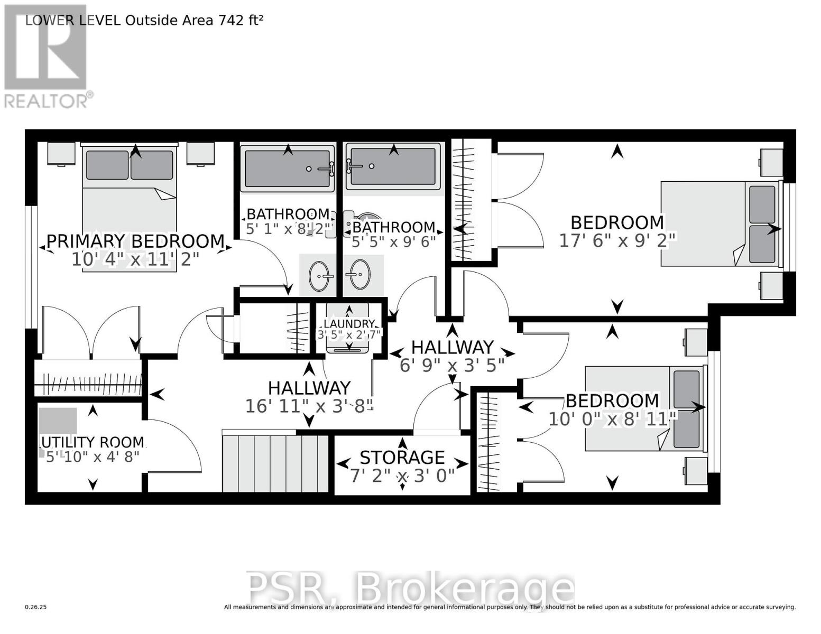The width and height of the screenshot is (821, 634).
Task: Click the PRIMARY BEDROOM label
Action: click(136, 241)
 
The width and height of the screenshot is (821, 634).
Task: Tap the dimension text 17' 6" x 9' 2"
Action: click(617, 241)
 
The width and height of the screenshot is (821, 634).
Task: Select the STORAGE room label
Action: click(402, 457)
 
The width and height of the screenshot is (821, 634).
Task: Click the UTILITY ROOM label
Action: click(93, 442)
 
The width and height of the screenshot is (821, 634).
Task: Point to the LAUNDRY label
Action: click(349, 324)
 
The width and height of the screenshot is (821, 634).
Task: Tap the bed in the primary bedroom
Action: click(130, 195)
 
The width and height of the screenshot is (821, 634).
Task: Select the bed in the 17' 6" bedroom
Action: click(719, 223)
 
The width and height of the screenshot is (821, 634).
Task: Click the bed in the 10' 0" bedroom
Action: click(645, 408)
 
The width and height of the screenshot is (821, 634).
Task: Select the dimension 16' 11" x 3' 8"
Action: click(309, 406)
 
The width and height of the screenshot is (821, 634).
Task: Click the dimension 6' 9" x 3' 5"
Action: click(452, 365)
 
